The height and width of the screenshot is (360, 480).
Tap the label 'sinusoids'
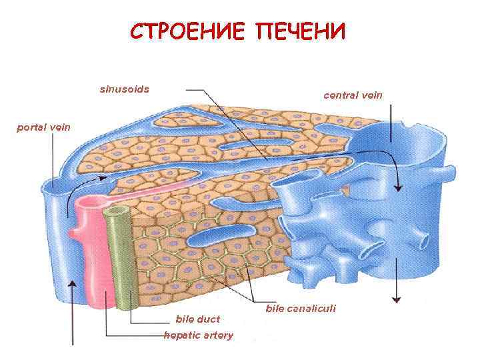[125, 89]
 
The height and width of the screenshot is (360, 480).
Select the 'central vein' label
[353, 95]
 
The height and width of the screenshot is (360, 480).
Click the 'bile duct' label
[197, 319]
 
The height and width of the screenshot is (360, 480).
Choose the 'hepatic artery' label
[199, 335]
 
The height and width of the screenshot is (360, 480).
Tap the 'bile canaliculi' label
[301, 309]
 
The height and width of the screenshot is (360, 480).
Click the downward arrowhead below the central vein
[398, 299]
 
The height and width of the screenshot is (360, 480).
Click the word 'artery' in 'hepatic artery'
[219, 335]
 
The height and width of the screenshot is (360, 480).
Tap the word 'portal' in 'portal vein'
[30, 126]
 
